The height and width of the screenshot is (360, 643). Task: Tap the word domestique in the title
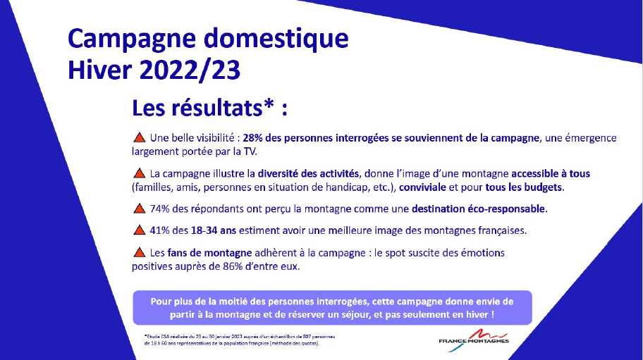pyautogui.click(x=276, y=38)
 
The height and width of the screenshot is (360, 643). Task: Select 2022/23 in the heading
pyautogui.click(x=190, y=70)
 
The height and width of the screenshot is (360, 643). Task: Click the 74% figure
pyautogui.click(x=159, y=209)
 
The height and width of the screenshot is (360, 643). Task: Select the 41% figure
pyautogui.click(x=159, y=230)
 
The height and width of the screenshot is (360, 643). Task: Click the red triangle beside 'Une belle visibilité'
pyautogui.click(x=140, y=137)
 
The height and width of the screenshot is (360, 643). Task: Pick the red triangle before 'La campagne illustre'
pyautogui.click(x=140, y=173)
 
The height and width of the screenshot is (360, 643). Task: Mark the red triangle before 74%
pyautogui.click(x=140, y=209)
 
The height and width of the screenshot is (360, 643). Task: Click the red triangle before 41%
pyautogui.click(x=140, y=230)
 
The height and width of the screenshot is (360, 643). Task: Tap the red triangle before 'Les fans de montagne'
pyautogui.click(x=140, y=252)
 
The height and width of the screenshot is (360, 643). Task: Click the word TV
pyautogui.click(x=250, y=151)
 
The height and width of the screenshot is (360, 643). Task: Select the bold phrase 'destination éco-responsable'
pyautogui.click(x=478, y=209)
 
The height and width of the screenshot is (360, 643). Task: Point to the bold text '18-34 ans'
pyautogui.click(x=214, y=230)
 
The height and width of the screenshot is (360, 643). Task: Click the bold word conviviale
pyautogui.click(x=422, y=187)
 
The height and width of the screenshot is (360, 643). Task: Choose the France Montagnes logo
pyautogui.click(x=474, y=340)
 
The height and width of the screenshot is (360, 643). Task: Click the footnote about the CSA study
pyautogui.click(x=240, y=340)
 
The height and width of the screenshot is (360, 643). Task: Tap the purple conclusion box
pyautogui.click(x=332, y=308)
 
